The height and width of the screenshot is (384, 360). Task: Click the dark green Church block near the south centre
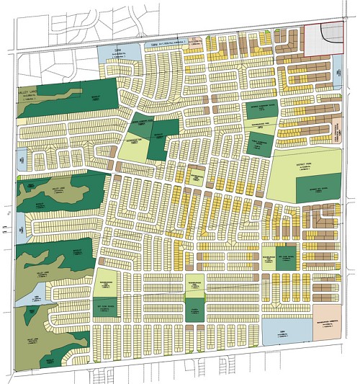coord(192,311)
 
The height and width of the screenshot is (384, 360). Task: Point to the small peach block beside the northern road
coord(192,43)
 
